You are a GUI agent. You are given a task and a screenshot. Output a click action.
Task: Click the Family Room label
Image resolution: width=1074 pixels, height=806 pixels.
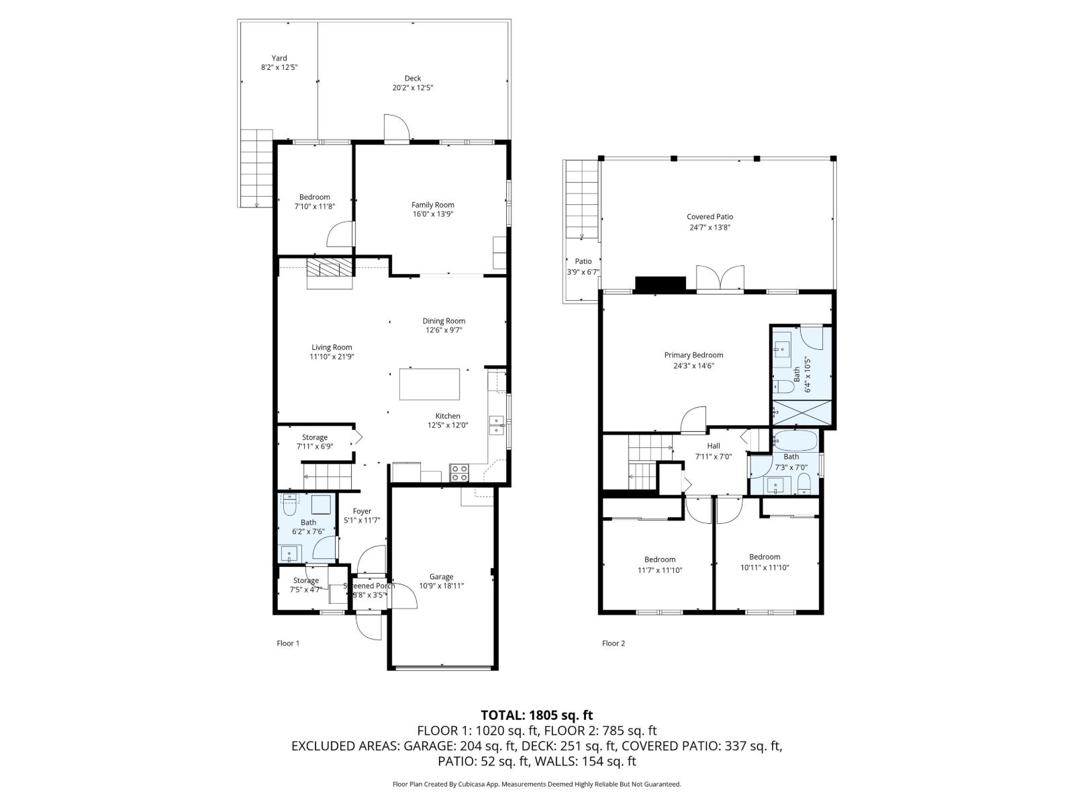(432, 205)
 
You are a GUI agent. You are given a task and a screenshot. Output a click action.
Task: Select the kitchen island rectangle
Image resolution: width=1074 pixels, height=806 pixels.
(430, 384)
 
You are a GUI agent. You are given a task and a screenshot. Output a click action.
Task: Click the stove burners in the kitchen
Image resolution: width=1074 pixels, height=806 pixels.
(459, 473)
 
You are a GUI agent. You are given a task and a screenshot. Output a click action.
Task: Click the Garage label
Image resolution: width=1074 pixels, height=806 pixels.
(441, 576)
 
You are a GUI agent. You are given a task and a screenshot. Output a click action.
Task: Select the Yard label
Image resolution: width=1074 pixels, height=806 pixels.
(279, 58)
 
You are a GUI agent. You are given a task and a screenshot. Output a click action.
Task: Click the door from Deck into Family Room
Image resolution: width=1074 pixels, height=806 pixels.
(397, 129)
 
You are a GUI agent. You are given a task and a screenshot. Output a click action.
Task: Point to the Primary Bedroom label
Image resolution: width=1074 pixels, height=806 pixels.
(693, 355)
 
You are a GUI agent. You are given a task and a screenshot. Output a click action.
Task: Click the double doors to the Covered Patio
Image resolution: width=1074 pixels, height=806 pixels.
(720, 279)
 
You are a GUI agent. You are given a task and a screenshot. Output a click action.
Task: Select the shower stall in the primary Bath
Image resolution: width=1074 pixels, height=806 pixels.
(801, 412)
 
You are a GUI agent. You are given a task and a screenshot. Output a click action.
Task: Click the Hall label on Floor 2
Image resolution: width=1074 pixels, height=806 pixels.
(713, 445)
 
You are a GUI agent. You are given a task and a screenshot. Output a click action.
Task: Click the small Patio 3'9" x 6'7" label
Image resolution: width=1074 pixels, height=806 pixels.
(583, 261)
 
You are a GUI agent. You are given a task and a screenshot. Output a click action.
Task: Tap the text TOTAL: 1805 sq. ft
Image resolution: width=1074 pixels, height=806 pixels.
(536, 715)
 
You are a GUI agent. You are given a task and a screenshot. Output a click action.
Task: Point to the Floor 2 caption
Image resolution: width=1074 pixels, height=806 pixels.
(613, 643)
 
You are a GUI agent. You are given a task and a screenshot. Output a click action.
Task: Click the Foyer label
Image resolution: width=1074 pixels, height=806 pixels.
(362, 511)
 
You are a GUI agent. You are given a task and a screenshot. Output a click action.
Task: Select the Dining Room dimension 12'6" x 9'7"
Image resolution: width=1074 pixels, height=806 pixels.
(444, 330)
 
